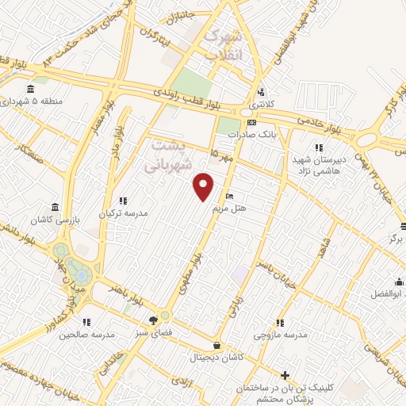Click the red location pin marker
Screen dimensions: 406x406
click(x=204, y=186)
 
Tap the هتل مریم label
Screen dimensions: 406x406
click(x=230, y=208)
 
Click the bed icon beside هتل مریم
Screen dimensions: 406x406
click(x=230, y=196)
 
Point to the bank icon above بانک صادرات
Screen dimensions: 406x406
click(x=251, y=122)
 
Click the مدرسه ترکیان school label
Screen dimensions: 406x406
click(x=123, y=213)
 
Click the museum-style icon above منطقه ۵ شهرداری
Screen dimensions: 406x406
click(x=30, y=88)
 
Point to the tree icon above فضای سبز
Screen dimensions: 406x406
click(x=153, y=320)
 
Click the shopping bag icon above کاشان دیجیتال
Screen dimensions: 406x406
click(x=217, y=346)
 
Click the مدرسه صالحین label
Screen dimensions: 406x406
click(x=86, y=335)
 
